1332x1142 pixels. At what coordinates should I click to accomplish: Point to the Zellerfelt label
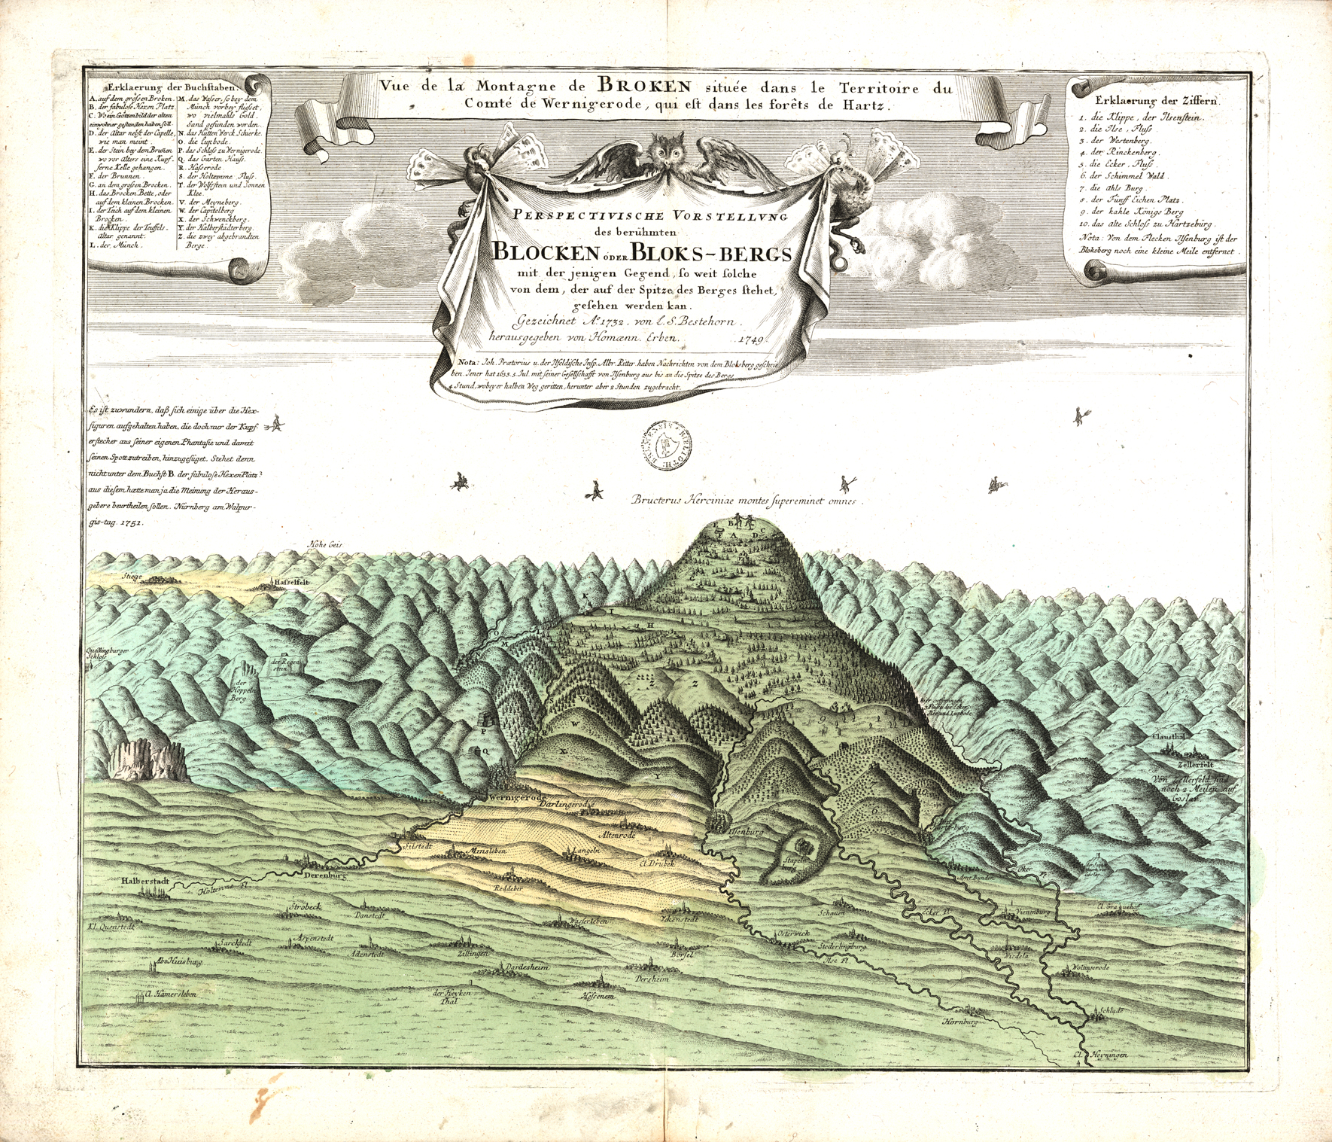[1185, 760]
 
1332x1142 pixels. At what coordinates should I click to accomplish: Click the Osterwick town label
[794, 934]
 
